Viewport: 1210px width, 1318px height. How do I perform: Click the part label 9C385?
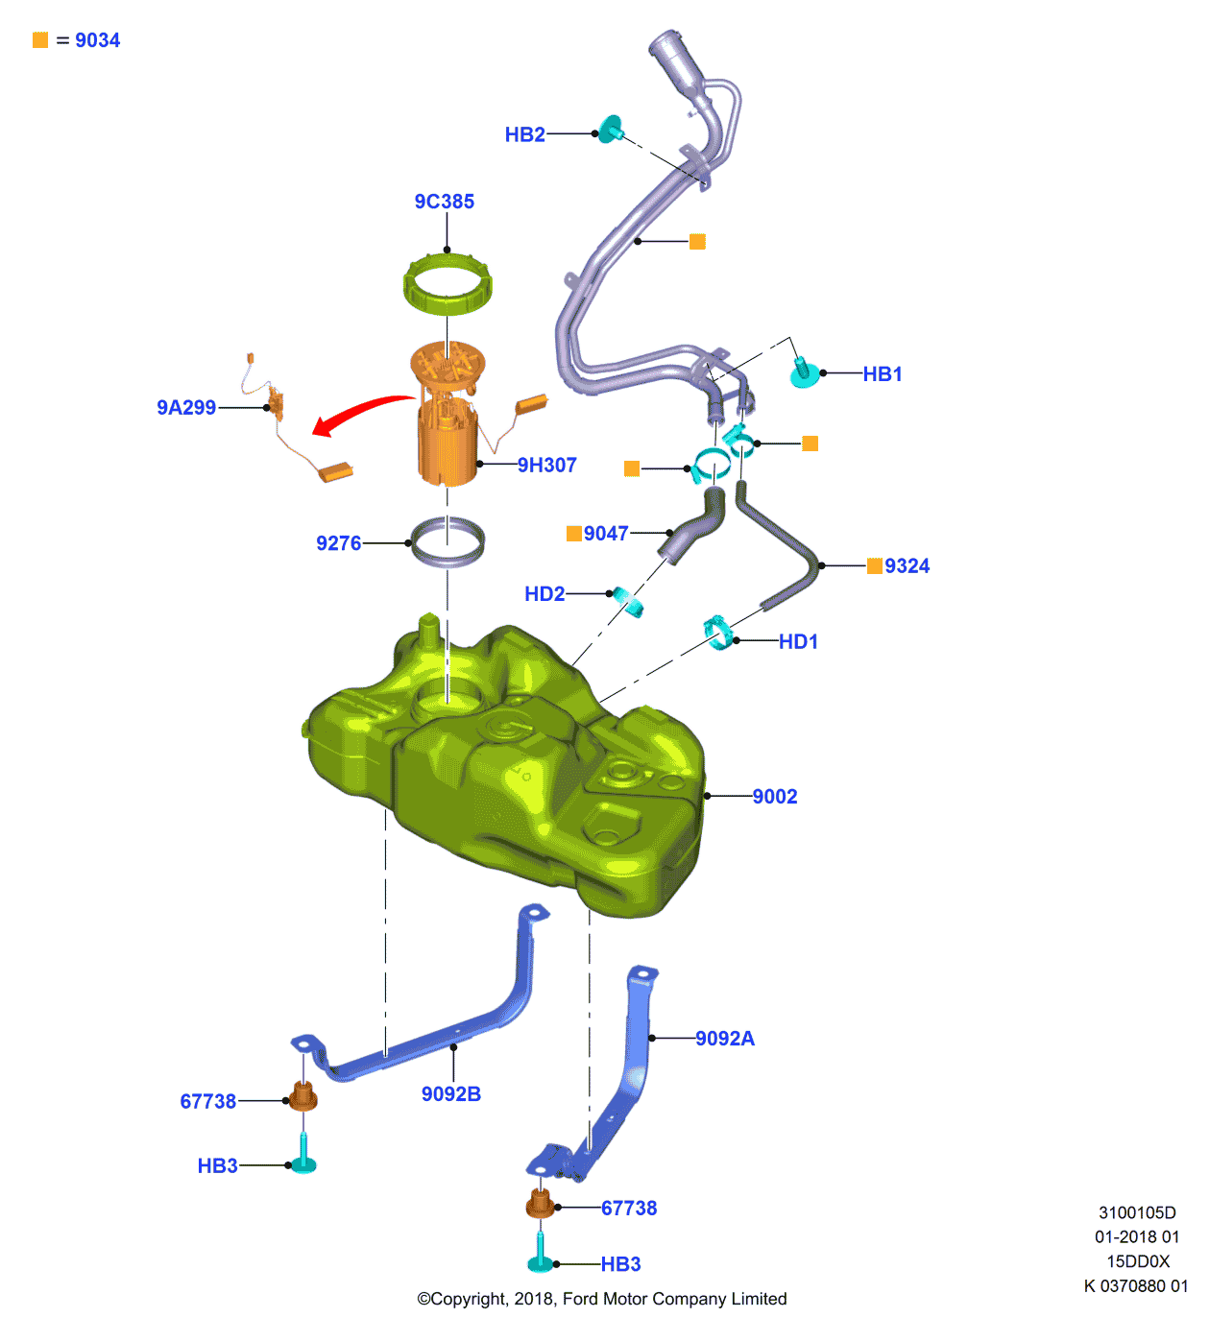[444, 202]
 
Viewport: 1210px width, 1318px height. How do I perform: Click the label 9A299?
[186, 408]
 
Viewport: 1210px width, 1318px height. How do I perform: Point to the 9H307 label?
[546, 466]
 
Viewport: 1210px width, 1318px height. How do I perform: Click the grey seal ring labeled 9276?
[448, 542]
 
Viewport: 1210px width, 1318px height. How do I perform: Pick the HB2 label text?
[524, 134]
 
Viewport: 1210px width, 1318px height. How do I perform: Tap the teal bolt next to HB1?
[803, 372]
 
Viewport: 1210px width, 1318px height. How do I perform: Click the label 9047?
[606, 534]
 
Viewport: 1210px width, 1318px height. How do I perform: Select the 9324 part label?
[907, 566]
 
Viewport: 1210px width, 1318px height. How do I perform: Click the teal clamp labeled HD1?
[717, 633]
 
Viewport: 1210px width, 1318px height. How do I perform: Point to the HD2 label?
[544, 594]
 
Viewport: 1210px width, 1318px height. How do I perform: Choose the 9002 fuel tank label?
[774, 797]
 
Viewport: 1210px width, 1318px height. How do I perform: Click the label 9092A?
[725, 1039]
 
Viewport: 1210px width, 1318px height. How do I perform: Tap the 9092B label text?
[450, 1094]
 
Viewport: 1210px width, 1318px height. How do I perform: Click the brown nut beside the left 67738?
[303, 1095]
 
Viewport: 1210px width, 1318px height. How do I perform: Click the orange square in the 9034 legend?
[40, 40]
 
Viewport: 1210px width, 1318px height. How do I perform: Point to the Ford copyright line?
[601, 1299]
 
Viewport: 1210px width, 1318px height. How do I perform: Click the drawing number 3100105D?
[1137, 1213]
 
